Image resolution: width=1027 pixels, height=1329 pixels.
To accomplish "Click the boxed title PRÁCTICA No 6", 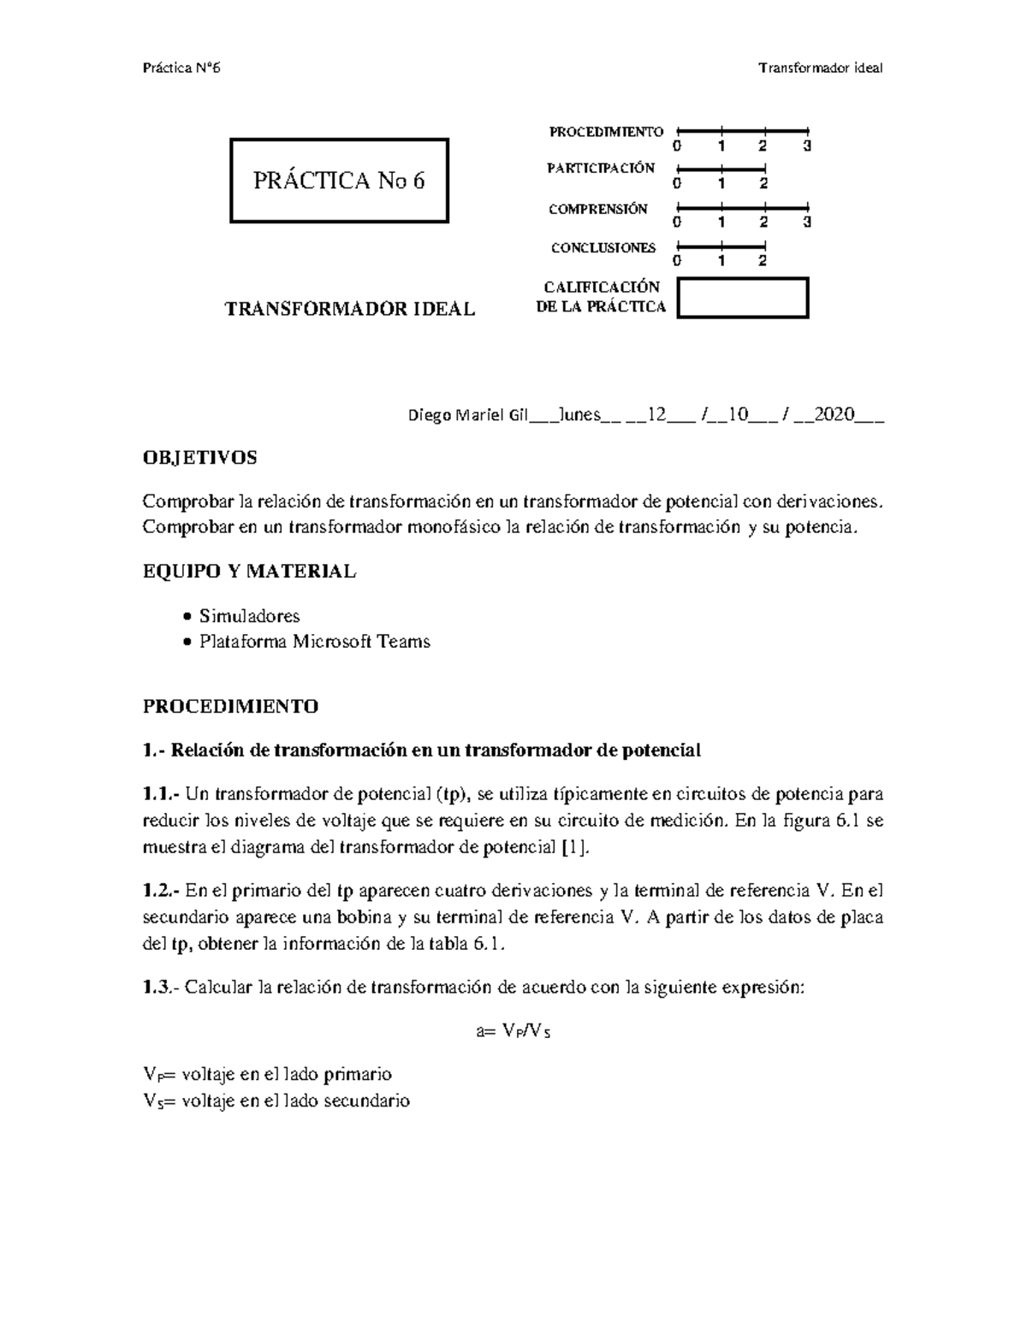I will tap(339, 181).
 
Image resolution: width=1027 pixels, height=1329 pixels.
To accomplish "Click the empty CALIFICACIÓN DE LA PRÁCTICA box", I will tap(742, 298).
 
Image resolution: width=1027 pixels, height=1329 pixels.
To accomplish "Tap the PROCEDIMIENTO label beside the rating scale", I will tap(606, 132).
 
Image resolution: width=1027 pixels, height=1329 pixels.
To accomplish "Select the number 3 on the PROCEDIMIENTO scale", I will tap(806, 146).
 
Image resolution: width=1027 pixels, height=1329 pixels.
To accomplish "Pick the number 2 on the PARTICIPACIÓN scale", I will tap(763, 183).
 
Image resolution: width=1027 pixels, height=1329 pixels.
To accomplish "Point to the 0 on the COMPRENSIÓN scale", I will tap(678, 222).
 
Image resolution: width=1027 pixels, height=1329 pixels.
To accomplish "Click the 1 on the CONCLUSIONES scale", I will tap(721, 261).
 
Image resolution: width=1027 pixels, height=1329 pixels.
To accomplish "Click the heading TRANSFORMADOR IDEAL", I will tap(349, 310).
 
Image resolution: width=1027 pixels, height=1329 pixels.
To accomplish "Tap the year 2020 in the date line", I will tap(834, 416).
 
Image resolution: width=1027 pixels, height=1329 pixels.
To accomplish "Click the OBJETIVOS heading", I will tap(199, 458).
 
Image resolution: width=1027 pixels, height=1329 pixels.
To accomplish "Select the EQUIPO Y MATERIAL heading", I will tap(249, 572).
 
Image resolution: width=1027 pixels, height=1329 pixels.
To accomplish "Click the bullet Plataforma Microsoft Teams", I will tap(314, 641).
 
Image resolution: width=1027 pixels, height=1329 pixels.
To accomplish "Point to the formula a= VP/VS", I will tap(513, 1031).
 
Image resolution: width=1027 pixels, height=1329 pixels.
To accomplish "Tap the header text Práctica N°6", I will tap(181, 68).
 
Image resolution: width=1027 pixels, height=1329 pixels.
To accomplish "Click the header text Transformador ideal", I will tap(821, 68).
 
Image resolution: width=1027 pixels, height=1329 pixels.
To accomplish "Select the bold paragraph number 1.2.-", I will tap(161, 891).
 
